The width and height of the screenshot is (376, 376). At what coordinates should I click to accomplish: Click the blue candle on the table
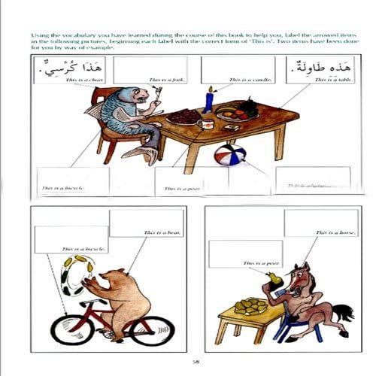208,100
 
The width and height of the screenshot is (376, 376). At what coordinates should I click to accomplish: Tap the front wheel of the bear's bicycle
153,329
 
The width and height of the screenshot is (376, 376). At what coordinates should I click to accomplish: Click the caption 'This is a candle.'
246,78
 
